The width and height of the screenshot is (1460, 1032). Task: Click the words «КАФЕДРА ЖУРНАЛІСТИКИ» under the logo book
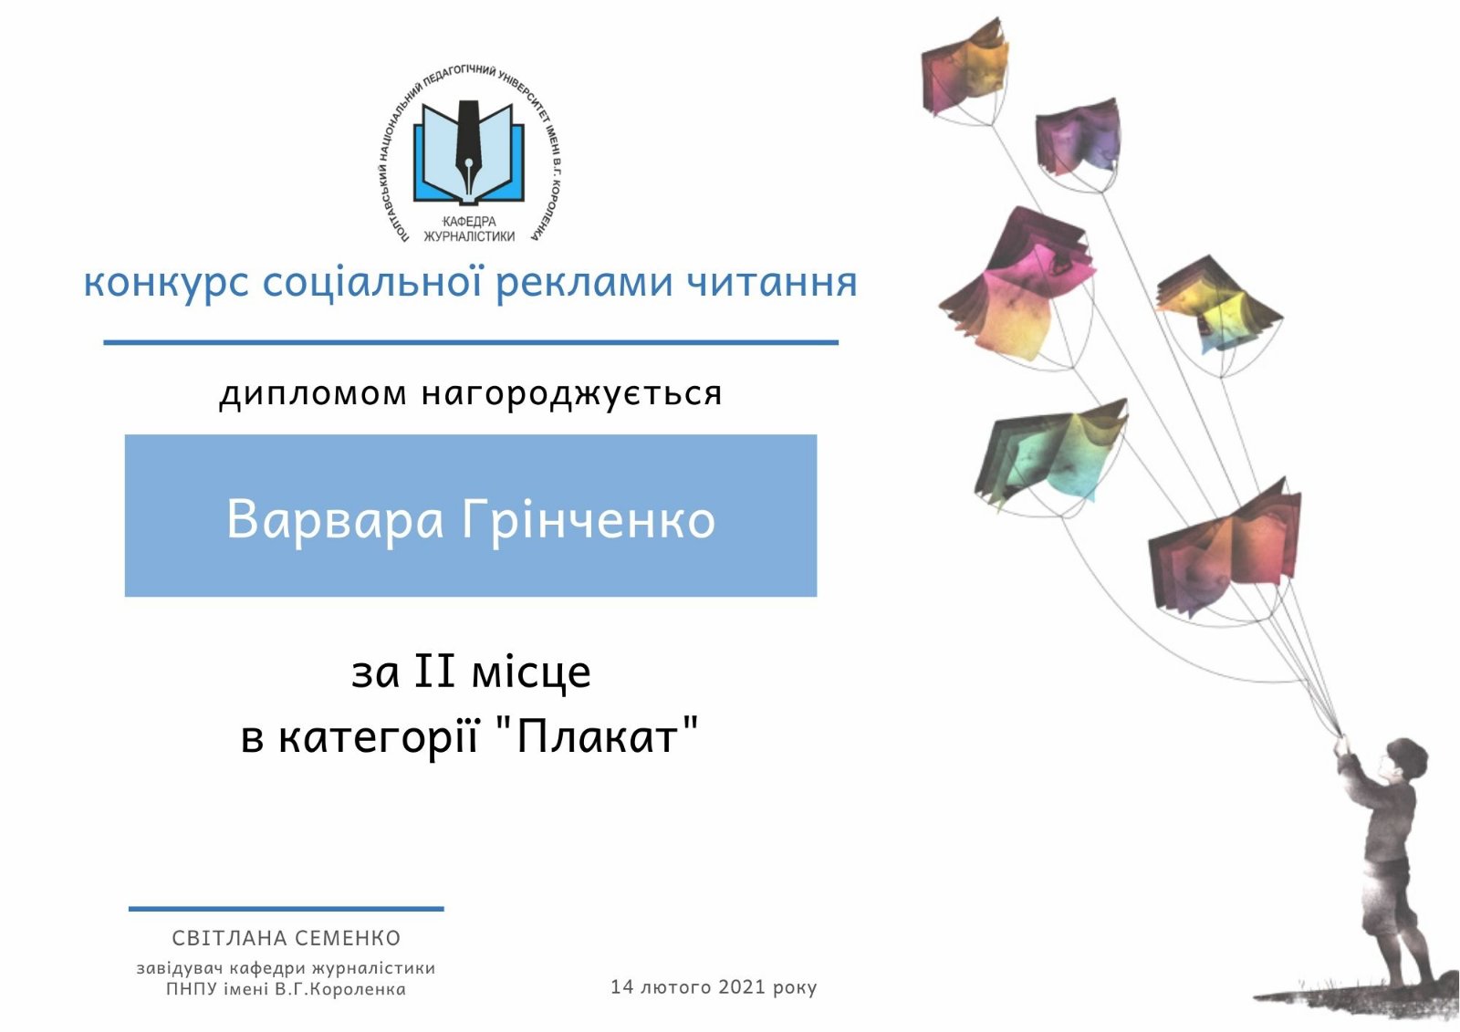coord(469,229)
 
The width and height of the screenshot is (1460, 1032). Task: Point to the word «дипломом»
coord(313,394)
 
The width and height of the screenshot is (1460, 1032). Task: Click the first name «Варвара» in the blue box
coord(335,519)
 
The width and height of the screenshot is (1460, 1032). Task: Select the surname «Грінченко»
coord(589,520)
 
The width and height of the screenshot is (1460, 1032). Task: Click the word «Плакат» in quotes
coord(597,738)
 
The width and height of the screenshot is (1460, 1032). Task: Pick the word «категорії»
coord(378,739)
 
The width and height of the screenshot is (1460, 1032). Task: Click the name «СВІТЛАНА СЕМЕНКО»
coord(287,938)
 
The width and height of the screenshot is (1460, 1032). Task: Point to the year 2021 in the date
coord(741,987)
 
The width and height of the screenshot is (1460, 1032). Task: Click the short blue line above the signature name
coord(287,908)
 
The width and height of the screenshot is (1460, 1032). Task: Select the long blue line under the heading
coord(471,342)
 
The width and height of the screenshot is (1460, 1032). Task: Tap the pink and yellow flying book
coord(1017,286)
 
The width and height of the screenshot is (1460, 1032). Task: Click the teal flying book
coord(1049,455)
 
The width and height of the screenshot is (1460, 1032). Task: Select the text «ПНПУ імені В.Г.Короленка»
coord(287,989)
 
